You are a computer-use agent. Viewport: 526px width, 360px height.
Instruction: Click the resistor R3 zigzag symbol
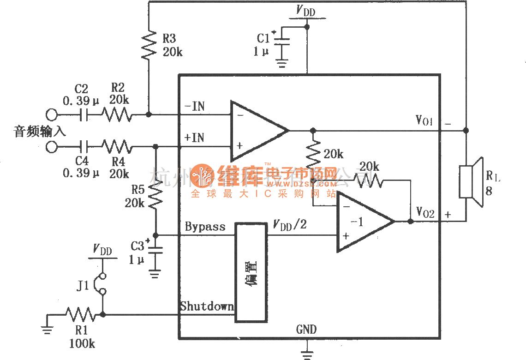149,45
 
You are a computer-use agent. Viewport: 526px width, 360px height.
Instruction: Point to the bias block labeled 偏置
251,272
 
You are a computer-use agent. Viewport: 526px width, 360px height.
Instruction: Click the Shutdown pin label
207,306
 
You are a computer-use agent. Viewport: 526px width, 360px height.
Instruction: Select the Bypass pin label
205,227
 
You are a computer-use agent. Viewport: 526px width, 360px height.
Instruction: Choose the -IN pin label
194,107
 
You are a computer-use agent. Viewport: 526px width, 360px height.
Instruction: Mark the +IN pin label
194,138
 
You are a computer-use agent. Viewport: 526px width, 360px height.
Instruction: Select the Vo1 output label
424,122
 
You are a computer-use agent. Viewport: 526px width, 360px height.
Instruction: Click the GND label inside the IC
306,329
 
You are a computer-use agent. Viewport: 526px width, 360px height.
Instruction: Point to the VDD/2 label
290,225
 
